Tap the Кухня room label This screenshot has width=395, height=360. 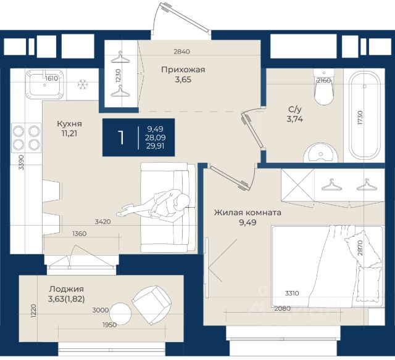pyautogui.click(x=69, y=124)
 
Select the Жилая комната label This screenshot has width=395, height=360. pyautogui.click(x=247, y=213)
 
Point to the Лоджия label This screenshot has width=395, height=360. pyautogui.click(x=67, y=289)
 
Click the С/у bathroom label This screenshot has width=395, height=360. pyautogui.click(x=295, y=110)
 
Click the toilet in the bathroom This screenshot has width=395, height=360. pyautogui.click(x=324, y=87)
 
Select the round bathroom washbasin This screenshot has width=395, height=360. pyautogui.click(x=320, y=153)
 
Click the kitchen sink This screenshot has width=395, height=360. pyautogui.click(x=45, y=84)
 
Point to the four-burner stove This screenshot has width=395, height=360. pyautogui.click(x=26, y=137)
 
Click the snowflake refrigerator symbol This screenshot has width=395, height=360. pyautogui.click(x=82, y=84)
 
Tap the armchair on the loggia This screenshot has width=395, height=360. pyautogui.click(x=151, y=305)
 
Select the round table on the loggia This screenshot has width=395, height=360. pyautogui.click(x=120, y=314)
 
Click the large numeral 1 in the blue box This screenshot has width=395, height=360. pyautogui.click(x=121, y=137)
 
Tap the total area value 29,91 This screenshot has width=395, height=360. pyautogui.click(x=156, y=146)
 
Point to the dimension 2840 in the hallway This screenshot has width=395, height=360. pyautogui.click(x=181, y=52)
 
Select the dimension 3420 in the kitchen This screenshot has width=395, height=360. pyautogui.click(x=103, y=222)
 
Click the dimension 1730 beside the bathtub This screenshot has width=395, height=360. pyautogui.click(x=360, y=118)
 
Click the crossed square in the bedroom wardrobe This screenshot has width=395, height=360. pyautogui.click(x=297, y=185)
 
